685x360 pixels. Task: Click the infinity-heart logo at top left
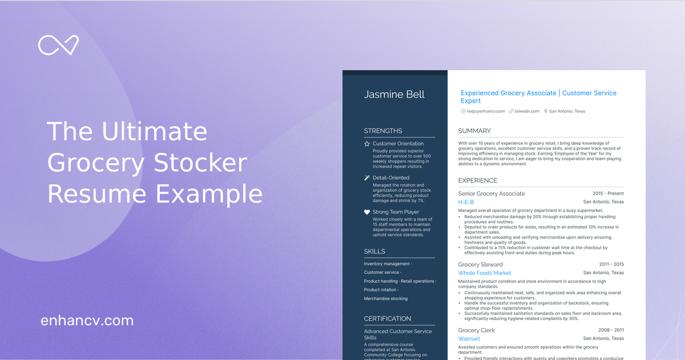tap(58, 45)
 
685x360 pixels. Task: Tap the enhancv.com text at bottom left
tap(87, 321)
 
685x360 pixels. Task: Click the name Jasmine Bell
tap(394, 95)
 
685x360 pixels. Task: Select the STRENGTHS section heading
tap(383, 131)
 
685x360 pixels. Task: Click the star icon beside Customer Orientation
tap(367, 144)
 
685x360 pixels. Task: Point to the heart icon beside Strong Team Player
tap(367, 212)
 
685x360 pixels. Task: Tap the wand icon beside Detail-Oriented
tap(367, 178)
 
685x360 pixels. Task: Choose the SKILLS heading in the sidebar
tap(374, 252)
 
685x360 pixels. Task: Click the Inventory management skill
tap(387, 264)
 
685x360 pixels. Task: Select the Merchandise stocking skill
tap(386, 298)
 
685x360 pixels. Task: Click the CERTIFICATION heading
tap(388, 319)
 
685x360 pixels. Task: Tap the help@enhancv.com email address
tap(486, 111)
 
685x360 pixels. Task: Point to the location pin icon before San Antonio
tap(546, 111)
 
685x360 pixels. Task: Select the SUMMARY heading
tap(474, 131)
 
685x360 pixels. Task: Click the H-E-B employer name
tap(466, 202)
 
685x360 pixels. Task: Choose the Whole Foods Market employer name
tap(485, 273)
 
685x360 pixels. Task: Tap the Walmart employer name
tap(469, 339)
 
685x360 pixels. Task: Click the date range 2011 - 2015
tap(611, 265)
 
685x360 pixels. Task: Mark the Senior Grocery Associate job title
tap(491, 194)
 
